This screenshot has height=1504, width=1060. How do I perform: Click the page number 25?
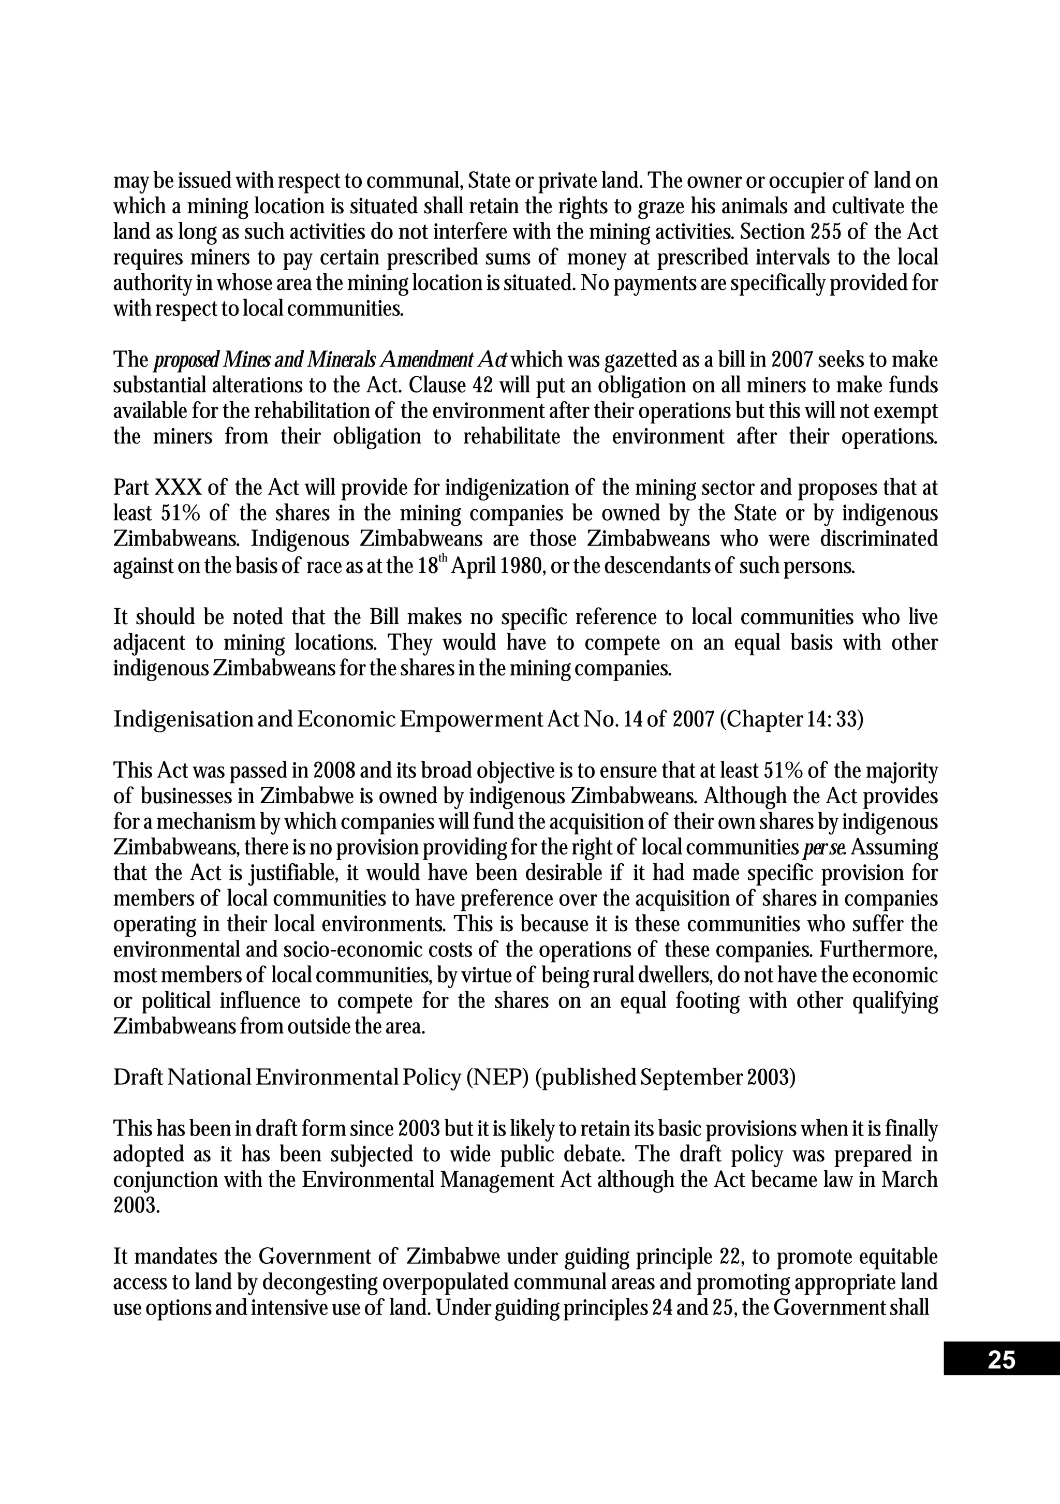(x=1000, y=1361)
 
